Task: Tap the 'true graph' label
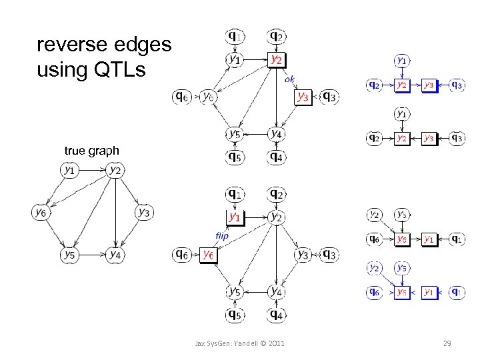pos(91,151)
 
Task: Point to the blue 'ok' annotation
pos(289,79)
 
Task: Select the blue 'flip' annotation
pos(222,235)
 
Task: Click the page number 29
pos(447,343)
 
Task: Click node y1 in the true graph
pos(69,170)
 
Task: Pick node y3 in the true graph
pos(143,212)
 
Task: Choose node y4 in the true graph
pos(115,254)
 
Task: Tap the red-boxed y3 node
pos(303,97)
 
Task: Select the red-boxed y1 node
pos(234,217)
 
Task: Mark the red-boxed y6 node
pos(207,254)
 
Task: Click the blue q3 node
pos(457,85)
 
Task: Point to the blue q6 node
pos(374,291)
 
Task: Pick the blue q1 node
pos(457,291)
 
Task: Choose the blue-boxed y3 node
pos(429,85)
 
